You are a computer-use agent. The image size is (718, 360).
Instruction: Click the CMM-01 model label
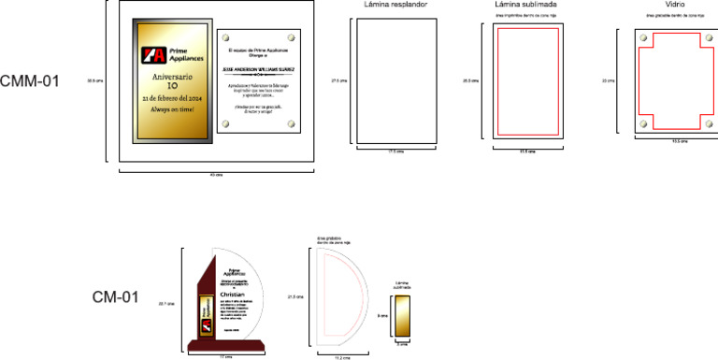pyautogui.click(x=30, y=81)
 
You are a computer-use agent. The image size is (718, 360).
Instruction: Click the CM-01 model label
pyautogui.click(x=115, y=298)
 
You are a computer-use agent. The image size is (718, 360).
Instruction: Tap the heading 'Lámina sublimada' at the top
pyautogui.click(x=526, y=6)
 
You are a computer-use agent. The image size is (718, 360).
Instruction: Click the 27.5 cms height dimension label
pyautogui.click(x=340, y=81)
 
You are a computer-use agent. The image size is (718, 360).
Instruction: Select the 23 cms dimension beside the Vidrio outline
pyautogui.click(x=610, y=81)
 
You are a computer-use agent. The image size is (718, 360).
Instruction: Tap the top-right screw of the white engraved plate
pyautogui.click(x=290, y=37)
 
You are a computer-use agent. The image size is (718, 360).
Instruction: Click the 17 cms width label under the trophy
pyautogui.click(x=225, y=357)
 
